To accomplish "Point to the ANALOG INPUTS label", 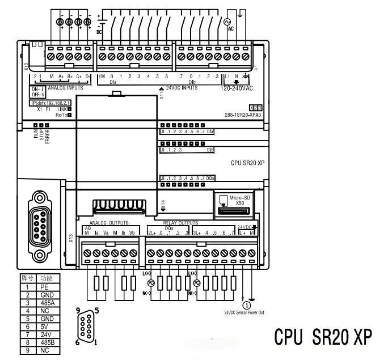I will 65,88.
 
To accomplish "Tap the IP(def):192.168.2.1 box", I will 54,103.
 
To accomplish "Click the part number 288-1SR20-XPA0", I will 243,115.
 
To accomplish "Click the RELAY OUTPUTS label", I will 180,223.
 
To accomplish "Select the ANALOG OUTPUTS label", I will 109,223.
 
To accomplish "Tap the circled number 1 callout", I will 247,305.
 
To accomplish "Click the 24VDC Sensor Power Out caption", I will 244,312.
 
